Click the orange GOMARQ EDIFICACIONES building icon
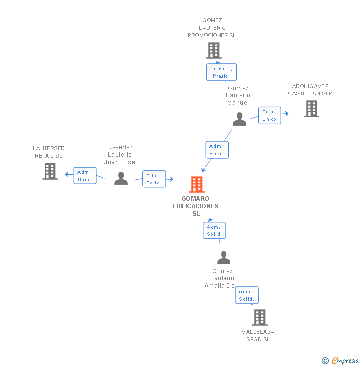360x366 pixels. (x=196, y=184)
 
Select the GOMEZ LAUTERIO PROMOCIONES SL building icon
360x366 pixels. (x=213, y=50)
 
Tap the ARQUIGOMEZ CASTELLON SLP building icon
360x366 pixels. (x=311, y=109)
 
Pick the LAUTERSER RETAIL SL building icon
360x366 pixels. (x=50, y=171)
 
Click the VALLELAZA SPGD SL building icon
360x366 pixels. (x=259, y=318)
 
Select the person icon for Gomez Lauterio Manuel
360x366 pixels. (x=239, y=119)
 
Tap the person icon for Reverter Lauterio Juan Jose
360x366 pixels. (x=121, y=179)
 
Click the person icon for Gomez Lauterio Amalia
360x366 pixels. (x=224, y=258)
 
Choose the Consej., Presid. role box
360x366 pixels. (x=221, y=72)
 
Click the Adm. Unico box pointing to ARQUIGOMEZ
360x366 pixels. (x=269, y=115)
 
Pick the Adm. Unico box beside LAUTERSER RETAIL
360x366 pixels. (x=85, y=176)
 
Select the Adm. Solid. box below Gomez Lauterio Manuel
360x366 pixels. (x=217, y=150)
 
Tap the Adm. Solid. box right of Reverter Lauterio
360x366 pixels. (x=154, y=179)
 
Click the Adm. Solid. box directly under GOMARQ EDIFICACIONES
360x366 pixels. (x=214, y=230)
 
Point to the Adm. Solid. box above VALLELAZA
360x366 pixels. (x=246, y=295)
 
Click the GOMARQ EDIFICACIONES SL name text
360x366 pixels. (x=196, y=206)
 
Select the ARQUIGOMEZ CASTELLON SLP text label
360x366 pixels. (x=310, y=90)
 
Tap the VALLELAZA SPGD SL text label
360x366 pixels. (x=258, y=335)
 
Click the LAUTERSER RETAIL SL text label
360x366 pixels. (x=48, y=152)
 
